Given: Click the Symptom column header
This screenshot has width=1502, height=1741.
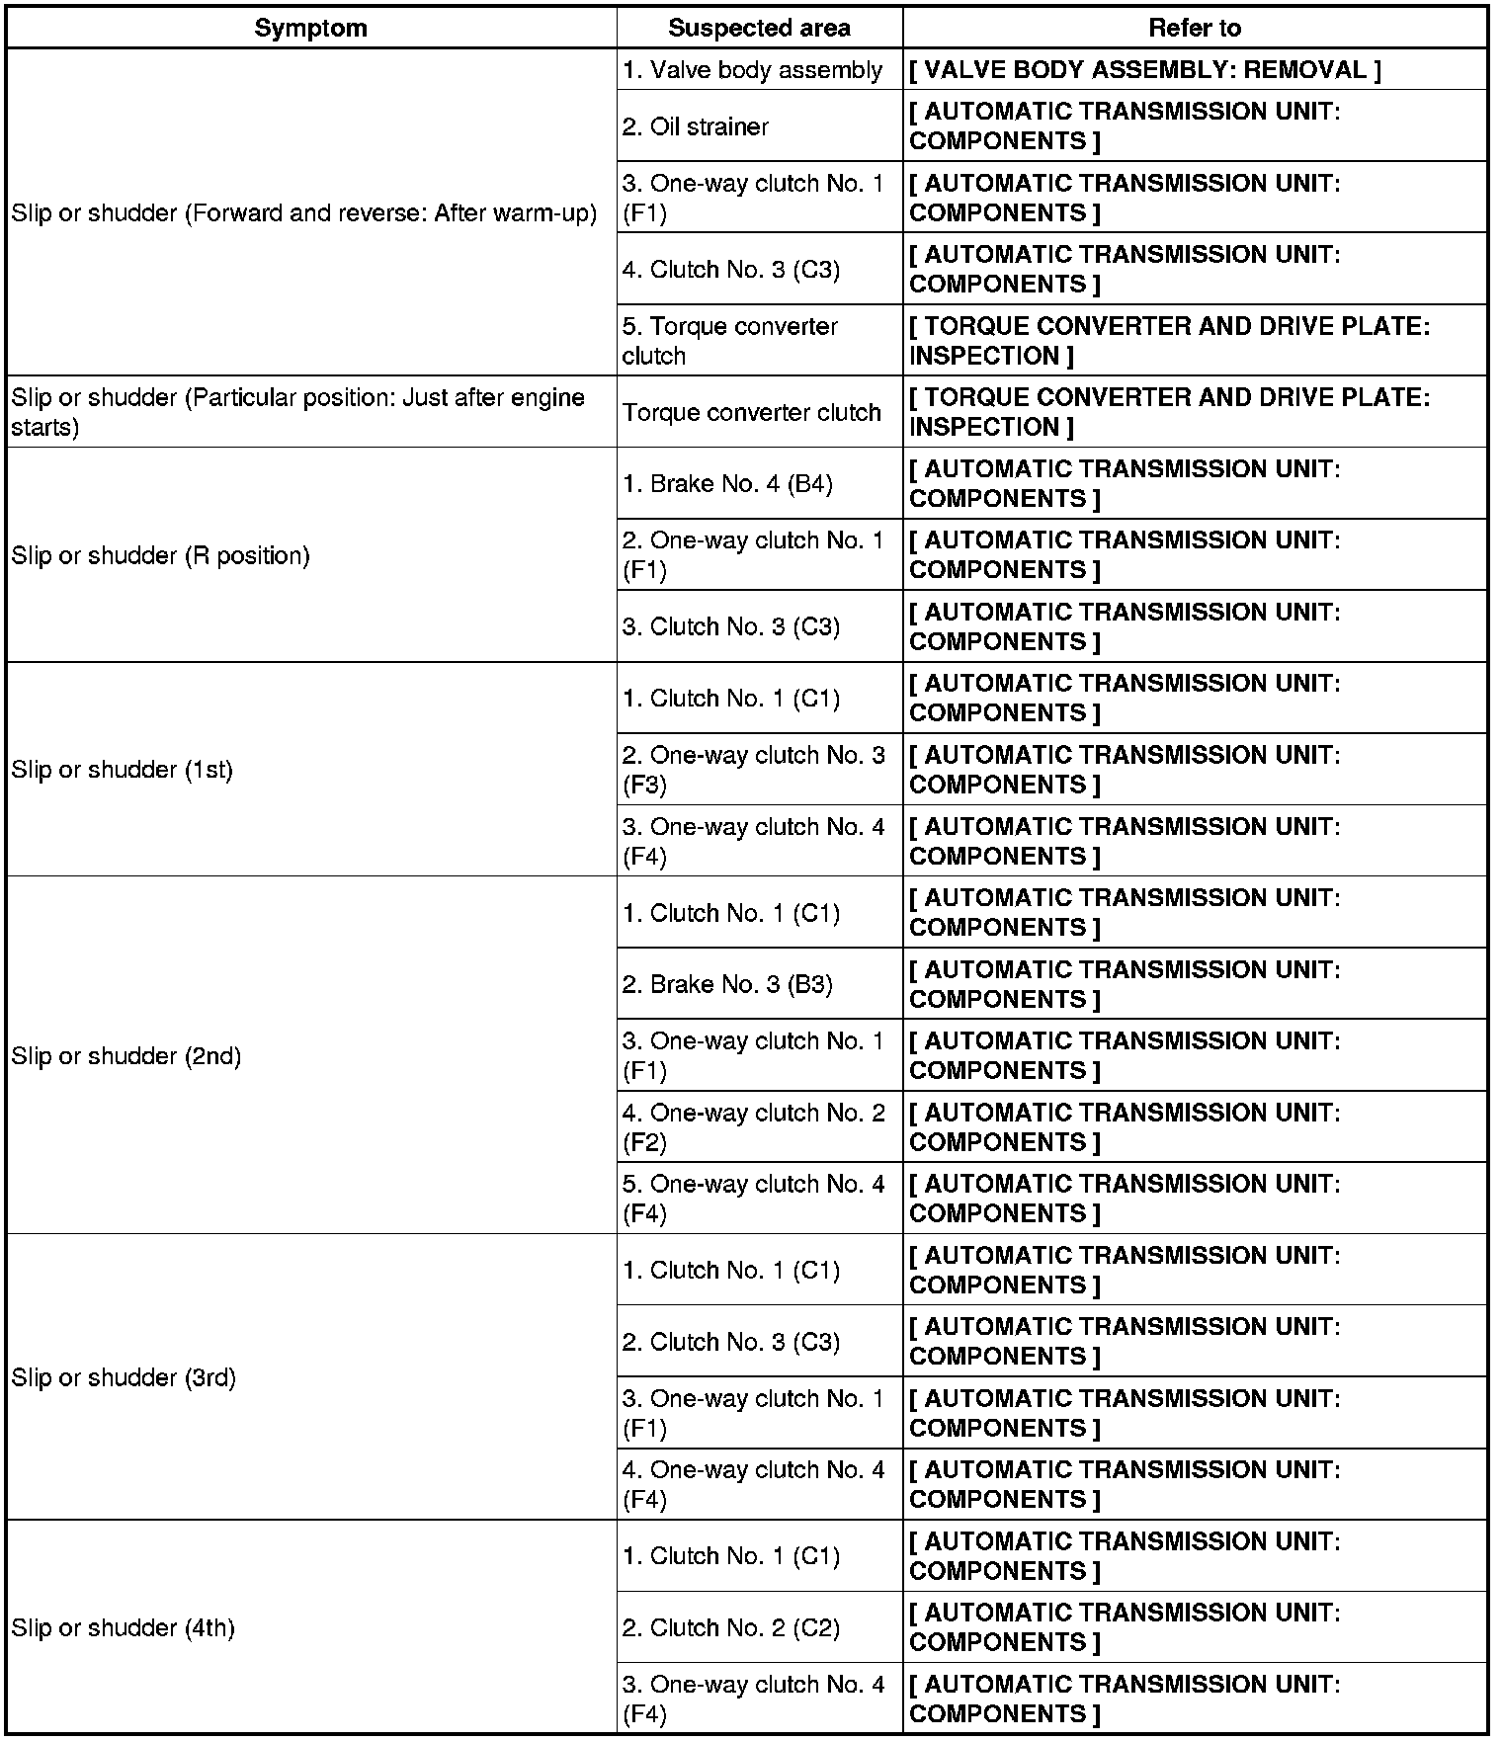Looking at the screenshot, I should [x=310, y=28].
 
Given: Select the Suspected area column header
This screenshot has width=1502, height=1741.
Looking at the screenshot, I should [x=759, y=28].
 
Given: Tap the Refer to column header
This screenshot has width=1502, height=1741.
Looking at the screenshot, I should [x=1194, y=28].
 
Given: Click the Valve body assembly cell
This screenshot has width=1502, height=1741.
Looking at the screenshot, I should [x=752, y=70].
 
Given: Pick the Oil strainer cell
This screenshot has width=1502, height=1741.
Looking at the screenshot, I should [x=696, y=126].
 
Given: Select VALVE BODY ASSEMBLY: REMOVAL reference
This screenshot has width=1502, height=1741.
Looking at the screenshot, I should [x=1144, y=70].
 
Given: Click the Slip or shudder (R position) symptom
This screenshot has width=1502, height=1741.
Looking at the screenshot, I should [x=160, y=555].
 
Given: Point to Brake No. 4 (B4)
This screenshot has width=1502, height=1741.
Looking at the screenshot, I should [x=727, y=484].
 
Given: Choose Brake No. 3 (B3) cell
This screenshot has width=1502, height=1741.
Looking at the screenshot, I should [x=727, y=984].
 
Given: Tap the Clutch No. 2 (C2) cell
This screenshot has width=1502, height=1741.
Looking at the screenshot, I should [x=731, y=1627].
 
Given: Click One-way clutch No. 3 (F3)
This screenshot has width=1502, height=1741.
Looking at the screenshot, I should [x=753, y=770].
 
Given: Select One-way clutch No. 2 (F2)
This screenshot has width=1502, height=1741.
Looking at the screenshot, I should [x=753, y=1127].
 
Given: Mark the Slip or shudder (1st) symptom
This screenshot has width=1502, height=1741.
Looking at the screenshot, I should [x=122, y=770].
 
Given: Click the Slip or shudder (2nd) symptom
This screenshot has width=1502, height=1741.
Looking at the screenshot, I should [x=125, y=1056].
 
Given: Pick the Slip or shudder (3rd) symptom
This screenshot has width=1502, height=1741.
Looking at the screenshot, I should [x=124, y=1377].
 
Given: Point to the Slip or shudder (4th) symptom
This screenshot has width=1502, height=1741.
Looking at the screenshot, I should [x=123, y=1627].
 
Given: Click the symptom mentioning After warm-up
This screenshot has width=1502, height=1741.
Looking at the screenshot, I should [x=304, y=213].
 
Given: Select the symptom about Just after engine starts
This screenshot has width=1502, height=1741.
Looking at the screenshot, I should [x=297, y=412].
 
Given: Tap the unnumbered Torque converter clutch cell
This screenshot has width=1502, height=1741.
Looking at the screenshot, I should [x=751, y=412].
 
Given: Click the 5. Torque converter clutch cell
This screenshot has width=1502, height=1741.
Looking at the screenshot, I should [x=730, y=341].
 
